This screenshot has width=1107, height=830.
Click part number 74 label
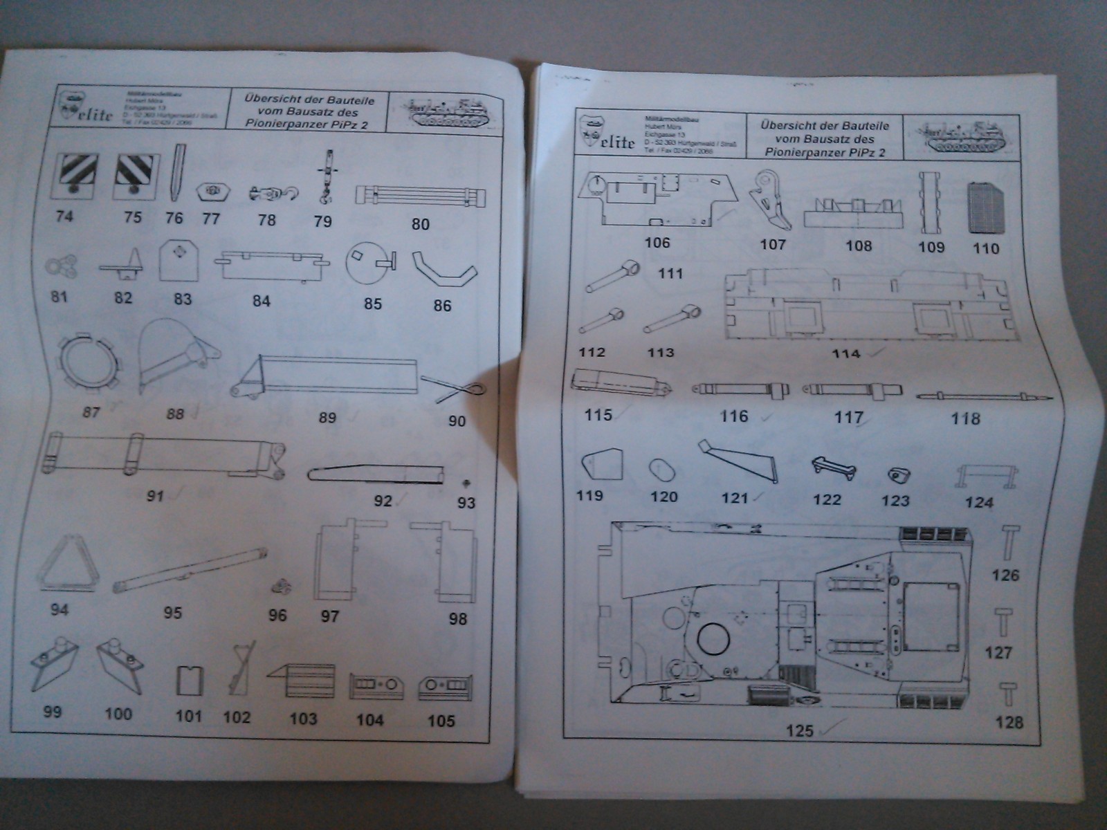click(x=64, y=216)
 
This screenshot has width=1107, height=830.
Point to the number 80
click(x=421, y=224)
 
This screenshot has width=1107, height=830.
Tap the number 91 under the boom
click(x=155, y=495)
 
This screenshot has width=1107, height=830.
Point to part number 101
click(x=188, y=716)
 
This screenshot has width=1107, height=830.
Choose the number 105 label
click(x=441, y=721)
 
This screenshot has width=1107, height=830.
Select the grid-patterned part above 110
click(x=985, y=206)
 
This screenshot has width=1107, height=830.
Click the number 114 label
click(x=845, y=354)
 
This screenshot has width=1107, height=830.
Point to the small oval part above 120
click(x=663, y=470)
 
